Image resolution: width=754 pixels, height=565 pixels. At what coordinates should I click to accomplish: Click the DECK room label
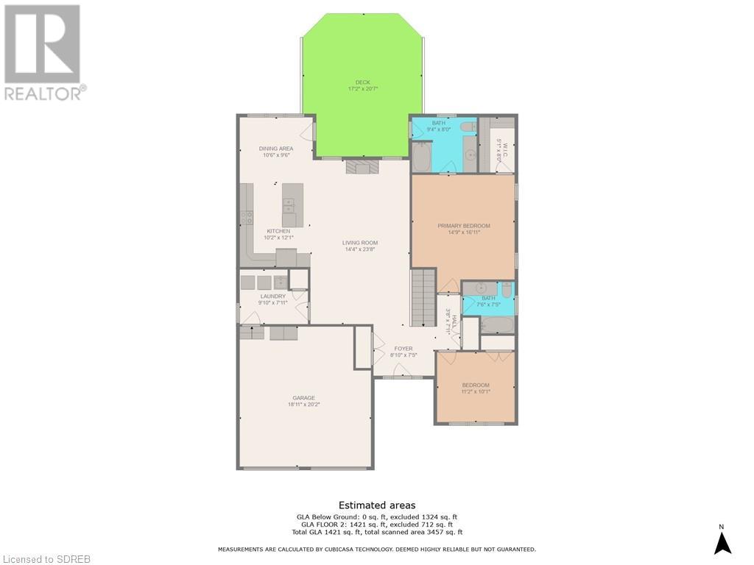pyautogui.click(x=362, y=82)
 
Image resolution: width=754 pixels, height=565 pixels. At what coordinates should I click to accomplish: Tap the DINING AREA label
pyautogui.click(x=276, y=149)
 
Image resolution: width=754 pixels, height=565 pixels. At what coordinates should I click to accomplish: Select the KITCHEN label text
pyautogui.click(x=278, y=231)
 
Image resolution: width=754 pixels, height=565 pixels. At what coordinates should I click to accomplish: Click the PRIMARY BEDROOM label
pyautogui.click(x=463, y=226)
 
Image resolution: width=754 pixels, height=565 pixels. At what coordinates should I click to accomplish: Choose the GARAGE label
pyautogui.click(x=303, y=398)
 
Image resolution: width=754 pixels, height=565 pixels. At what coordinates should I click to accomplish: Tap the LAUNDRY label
pyautogui.click(x=272, y=296)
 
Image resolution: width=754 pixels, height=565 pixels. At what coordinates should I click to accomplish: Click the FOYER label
pyautogui.click(x=404, y=349)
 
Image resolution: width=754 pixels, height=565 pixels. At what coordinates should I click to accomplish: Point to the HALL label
pyautogui.click(x=454, y=322)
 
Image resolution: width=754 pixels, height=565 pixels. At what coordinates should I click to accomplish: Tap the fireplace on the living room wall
pyautogui.click(x=362, y=167)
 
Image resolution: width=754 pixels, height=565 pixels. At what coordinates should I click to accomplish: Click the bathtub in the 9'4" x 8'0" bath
pyautogui.click(x=422, y=157)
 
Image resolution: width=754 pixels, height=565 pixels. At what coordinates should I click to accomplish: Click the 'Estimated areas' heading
pyautogui.click(x=377, y=505)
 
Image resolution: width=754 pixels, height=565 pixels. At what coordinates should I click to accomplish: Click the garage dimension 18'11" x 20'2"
pyautogui.click(x=303, y=405)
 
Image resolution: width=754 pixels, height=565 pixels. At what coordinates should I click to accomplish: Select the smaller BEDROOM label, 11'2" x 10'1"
pyautogui.click(x=476, y=385)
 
